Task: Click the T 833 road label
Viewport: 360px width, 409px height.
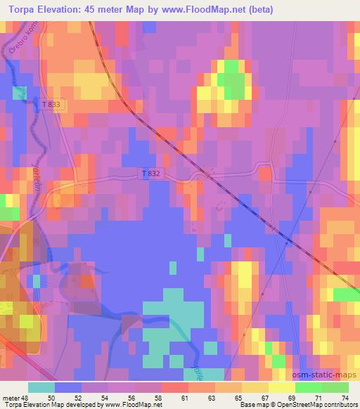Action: coord(51,104)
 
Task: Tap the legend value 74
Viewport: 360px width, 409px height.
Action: coord(345,397)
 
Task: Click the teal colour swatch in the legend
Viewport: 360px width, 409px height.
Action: coord(41,387)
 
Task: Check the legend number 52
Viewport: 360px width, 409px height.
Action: coord(78,397)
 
